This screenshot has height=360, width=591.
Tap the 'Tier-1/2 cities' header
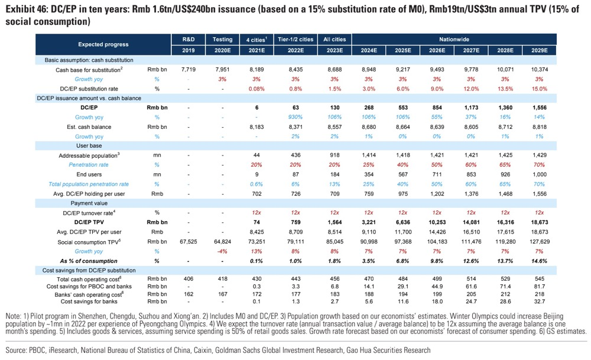pyautogui.click(x=294, y=39)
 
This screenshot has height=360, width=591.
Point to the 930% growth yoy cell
pyautogui.click(x=294, y=118)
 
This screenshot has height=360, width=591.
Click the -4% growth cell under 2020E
pyautogui.click(x=222, y=251)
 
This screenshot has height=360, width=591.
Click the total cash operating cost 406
pyautogui.click(x=188, y=279)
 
